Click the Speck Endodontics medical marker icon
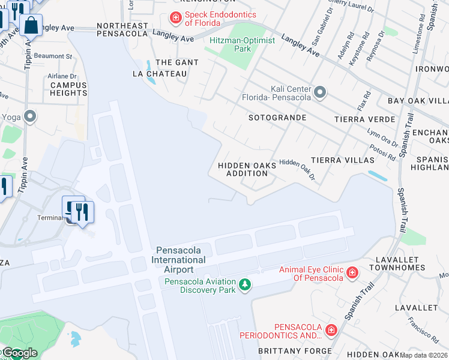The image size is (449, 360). [176, 19]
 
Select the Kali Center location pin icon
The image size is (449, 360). [320, 92]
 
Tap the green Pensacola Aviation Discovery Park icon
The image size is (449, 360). [244, 284]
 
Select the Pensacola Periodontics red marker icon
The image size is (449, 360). [330, 330]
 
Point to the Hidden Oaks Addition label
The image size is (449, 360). [247, 169]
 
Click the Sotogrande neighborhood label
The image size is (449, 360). [277, 118]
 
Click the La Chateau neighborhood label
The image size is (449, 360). [160, 74]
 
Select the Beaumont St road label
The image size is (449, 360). [53, 56]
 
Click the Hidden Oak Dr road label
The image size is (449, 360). [297, 169]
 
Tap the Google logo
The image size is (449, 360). [19, 353]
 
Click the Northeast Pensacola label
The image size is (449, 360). [122, 30]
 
